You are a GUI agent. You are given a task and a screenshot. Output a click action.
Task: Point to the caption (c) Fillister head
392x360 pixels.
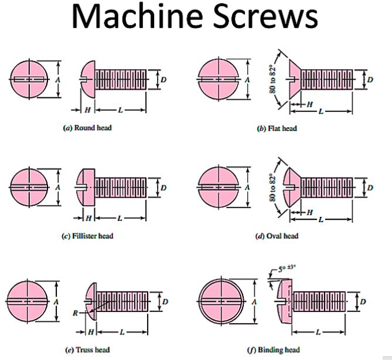(x=87, y=236)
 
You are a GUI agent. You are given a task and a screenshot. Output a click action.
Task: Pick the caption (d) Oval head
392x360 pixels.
(x=277, y=236)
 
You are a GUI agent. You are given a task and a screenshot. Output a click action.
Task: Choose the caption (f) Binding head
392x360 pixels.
(x=278, y=349)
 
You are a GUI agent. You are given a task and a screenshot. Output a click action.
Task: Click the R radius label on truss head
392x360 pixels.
(x=75, y=313)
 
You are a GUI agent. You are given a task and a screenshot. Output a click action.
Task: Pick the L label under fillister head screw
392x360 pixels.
(x=120, y=218)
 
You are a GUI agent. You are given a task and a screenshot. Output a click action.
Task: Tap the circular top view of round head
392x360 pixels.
(x=28, y=79)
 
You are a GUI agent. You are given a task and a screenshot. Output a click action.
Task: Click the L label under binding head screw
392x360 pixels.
(x=319, y=332)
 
